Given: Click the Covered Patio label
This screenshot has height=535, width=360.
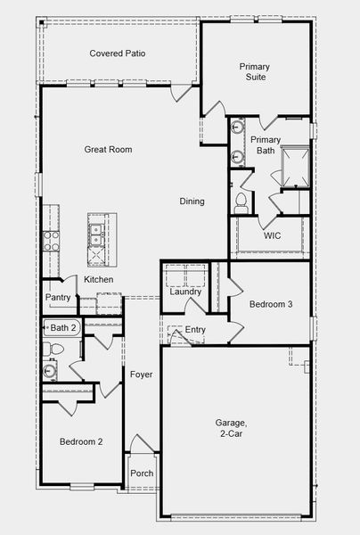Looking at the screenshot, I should point(117,53).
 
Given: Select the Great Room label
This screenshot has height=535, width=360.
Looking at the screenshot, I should point(108,150).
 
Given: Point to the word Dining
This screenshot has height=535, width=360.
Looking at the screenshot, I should point(192,202).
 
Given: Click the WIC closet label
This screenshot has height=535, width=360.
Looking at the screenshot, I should point(273,236).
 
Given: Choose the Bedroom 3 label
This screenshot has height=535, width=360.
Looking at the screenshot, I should point(270,304).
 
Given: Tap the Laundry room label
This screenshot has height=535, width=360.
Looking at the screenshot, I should point(185,292).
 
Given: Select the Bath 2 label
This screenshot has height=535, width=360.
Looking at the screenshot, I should point(63,328).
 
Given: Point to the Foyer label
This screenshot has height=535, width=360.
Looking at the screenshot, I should point(141,374).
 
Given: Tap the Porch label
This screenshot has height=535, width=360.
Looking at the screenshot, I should point(141,473).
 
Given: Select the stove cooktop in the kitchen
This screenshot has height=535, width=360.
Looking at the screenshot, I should point(51,239).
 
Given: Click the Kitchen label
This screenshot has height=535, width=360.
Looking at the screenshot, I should point(99,280).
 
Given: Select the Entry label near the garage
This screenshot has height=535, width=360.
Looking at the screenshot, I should point(194,331).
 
